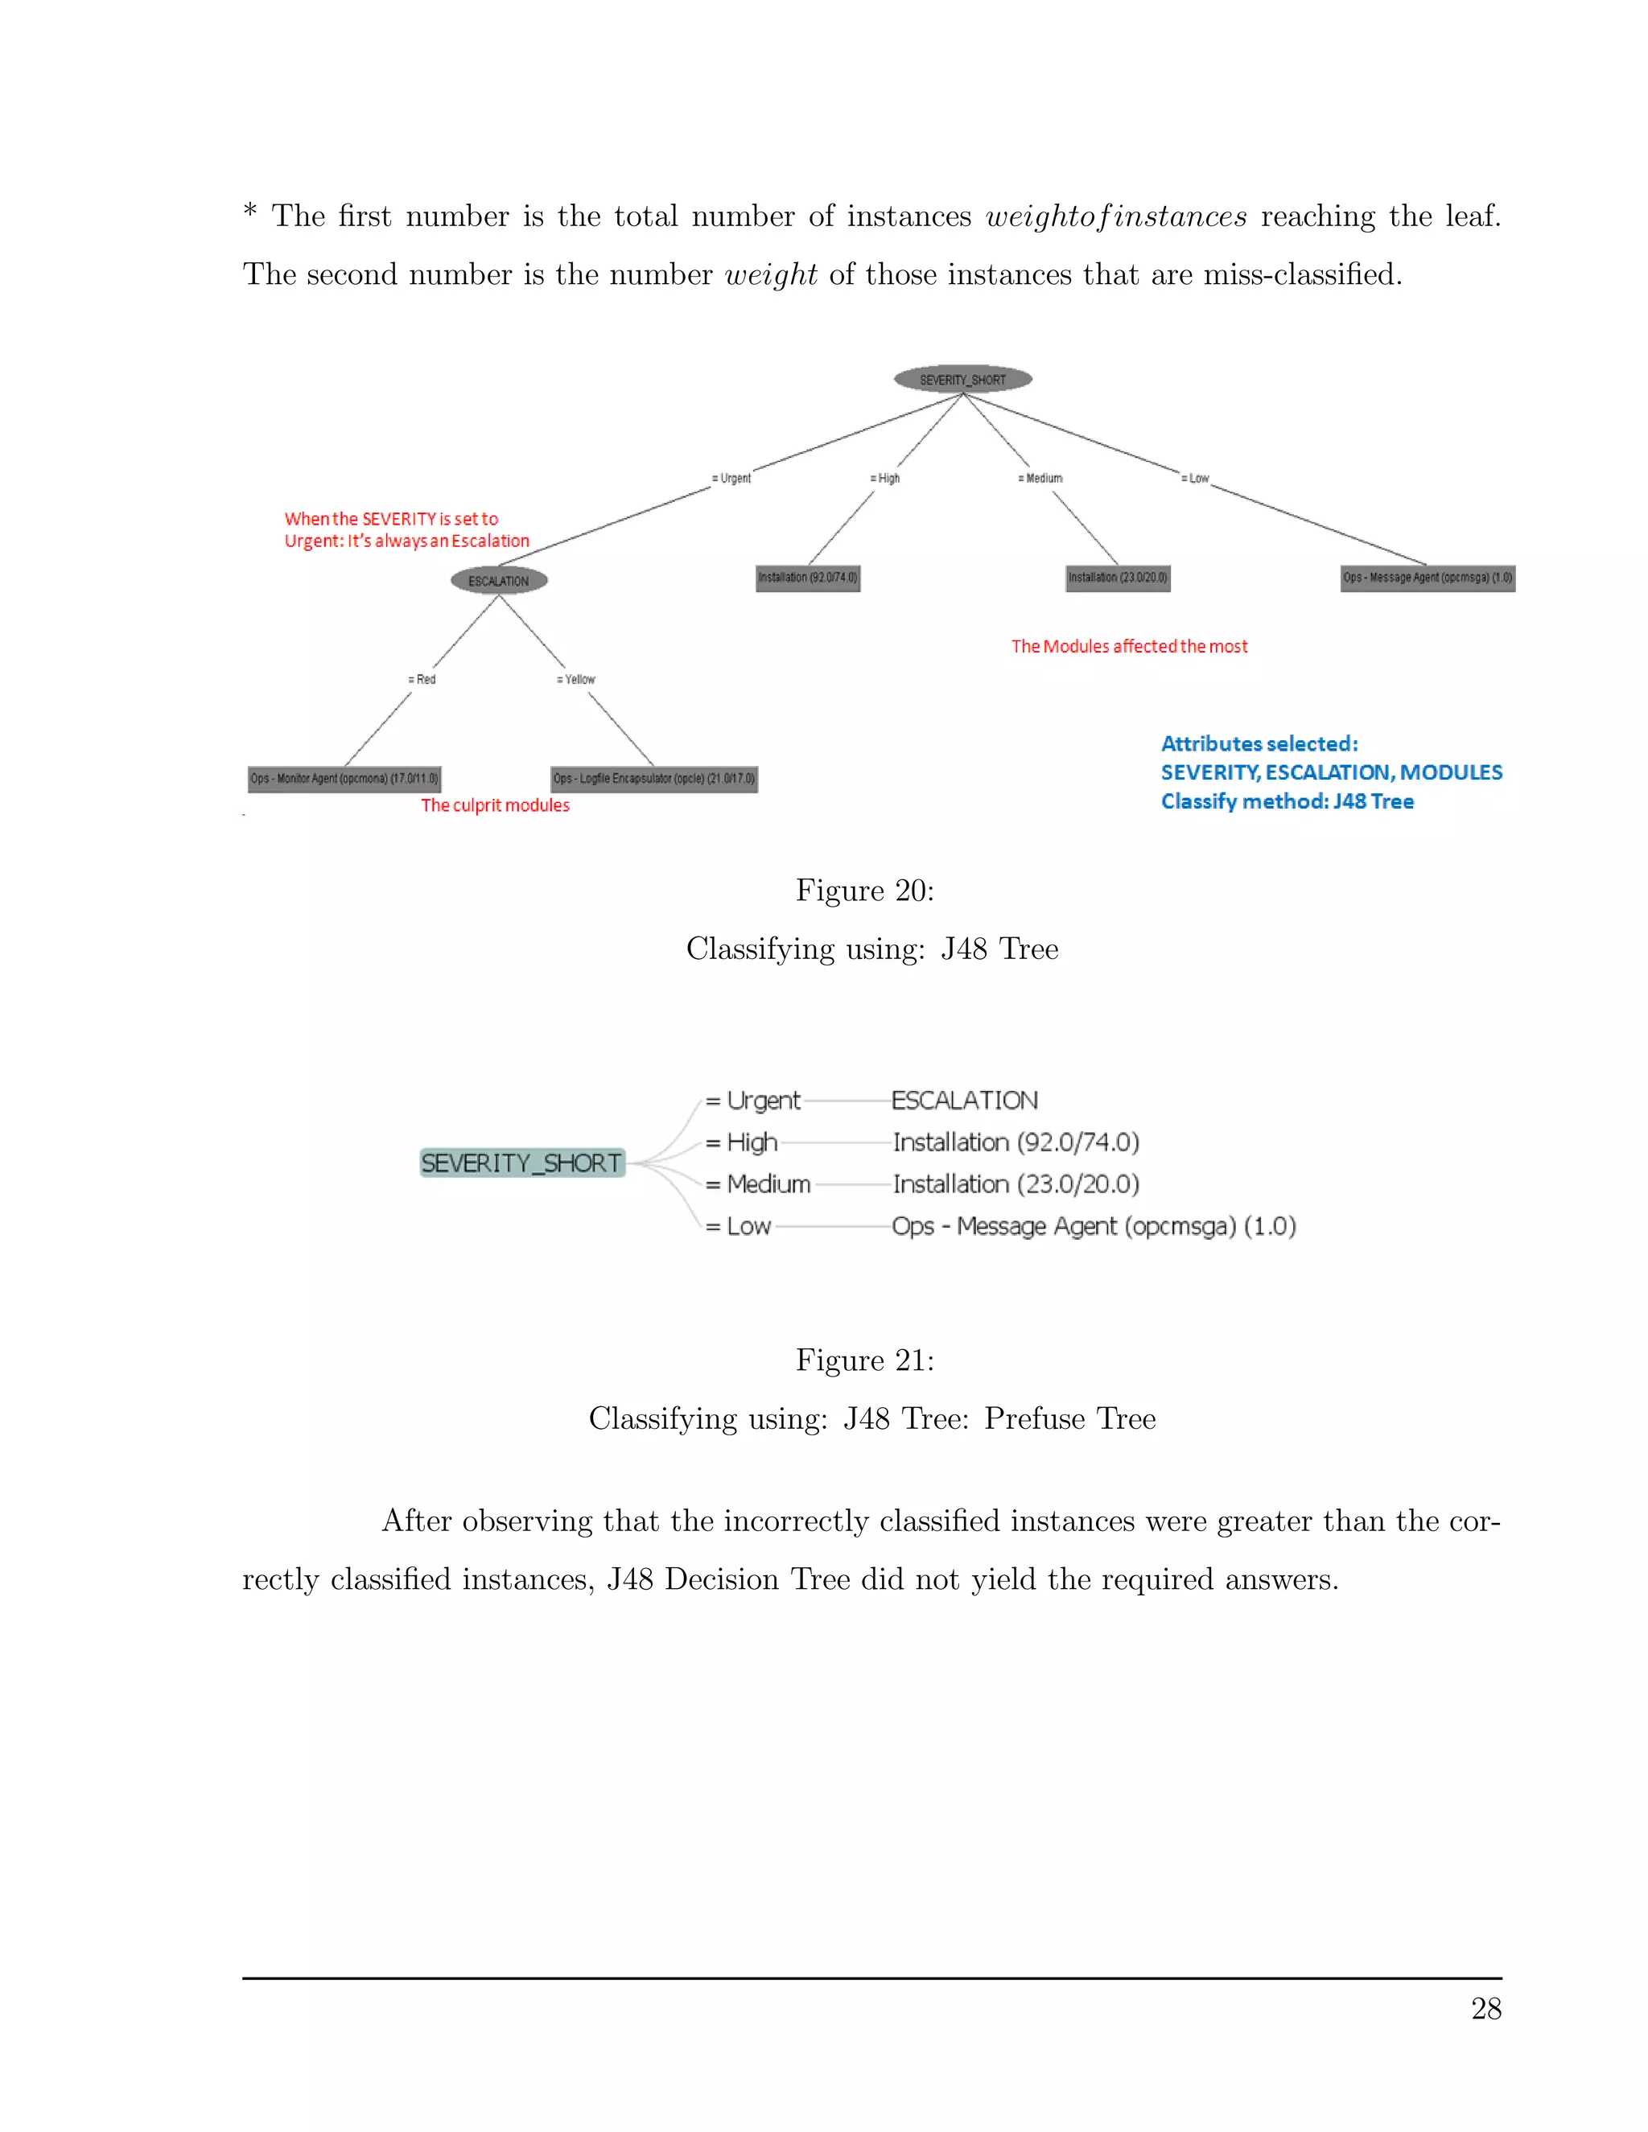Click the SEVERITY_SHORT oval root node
[x=962, y=379]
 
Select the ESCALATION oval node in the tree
[x=499, y=581]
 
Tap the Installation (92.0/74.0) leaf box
[x=807, y=578]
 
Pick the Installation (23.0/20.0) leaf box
[x=1118, y=578]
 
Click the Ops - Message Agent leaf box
[x=1428, y=578]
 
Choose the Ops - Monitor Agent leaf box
[x=344, y=779]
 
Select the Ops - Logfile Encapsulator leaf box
[x=654, y=779]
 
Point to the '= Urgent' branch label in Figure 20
[x=731, y=479]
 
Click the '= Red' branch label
[x=422, y=680]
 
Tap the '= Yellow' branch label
[x=576, y=680]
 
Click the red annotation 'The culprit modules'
[x=495, y=805]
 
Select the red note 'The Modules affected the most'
[x=1129, y=646]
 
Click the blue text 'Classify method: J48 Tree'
[x=1287, y=801]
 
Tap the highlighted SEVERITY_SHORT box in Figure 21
[x=521, y=1163]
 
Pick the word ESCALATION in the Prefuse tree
[x=965, y=1101]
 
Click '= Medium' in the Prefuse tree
[x=759, y=1184]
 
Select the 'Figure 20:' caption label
[x=864, y=891]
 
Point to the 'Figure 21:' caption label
[x=864, y=1360]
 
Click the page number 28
[x=1485, y=2009]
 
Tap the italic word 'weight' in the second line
[x=770, y=274]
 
